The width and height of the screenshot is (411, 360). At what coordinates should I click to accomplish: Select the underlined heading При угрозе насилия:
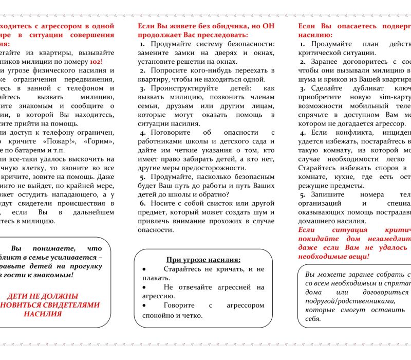pyautogui.click(x=203, y=259)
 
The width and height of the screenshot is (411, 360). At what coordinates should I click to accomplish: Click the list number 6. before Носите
pyautogui.click(x=142, y=203)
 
